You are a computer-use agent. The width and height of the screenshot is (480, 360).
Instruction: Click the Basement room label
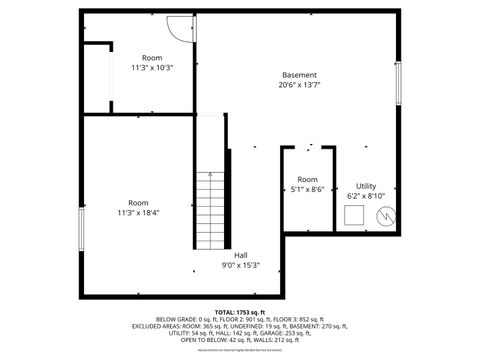coord(299,75)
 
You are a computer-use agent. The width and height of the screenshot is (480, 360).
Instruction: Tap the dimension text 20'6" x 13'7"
coord(299,85)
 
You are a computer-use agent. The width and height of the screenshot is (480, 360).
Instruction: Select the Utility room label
coord(366,186)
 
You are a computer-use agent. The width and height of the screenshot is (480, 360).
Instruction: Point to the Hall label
coord(241,255)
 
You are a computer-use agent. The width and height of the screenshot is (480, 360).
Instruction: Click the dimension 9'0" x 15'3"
coord(241,265)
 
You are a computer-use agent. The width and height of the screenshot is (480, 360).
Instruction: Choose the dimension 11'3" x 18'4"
coord(138,212)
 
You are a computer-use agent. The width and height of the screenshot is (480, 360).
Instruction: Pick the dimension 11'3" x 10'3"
coord(152,68)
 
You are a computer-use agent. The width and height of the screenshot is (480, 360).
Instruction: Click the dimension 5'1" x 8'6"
coord(307,189)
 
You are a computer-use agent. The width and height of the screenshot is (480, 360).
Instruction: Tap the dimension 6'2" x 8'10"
coord(366,196)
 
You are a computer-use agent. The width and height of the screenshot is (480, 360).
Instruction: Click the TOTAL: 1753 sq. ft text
coord(240,313)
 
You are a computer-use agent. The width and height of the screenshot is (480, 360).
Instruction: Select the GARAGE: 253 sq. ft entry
coord(319,333)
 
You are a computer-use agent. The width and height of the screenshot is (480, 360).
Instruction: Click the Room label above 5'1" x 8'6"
coord(307,179)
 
